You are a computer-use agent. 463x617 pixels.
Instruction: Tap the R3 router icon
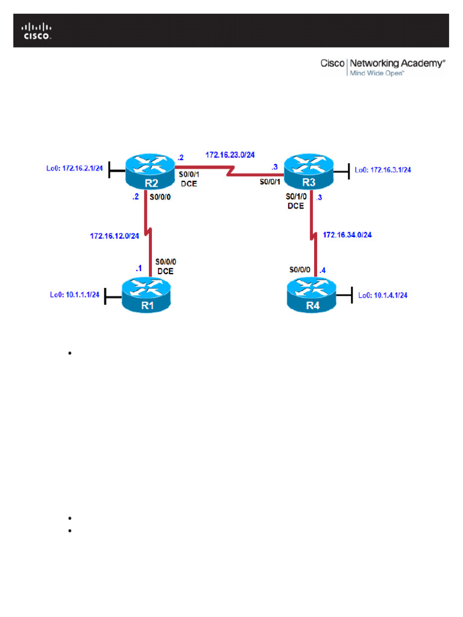tap(308, 172)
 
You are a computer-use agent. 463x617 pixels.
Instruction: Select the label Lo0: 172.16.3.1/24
tap(383, 170)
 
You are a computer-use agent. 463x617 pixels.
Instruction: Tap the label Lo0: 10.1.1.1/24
tap(74, 295)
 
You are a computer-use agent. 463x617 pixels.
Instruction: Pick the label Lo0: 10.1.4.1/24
tap(383, 295)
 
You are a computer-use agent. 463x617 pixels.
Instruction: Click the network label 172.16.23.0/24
tap(230, 155)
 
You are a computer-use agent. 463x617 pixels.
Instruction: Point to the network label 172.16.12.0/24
tap(115, 236)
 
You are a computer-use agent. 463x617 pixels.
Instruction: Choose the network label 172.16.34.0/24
tap(347, 234)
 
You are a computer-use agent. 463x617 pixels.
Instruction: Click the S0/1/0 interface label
tap(296, 197)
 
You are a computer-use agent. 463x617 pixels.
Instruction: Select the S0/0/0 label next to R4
tap(300, 270)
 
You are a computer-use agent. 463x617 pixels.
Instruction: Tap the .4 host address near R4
tap(323, 270)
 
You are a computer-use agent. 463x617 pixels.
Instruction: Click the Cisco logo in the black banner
tap(37, 31)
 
